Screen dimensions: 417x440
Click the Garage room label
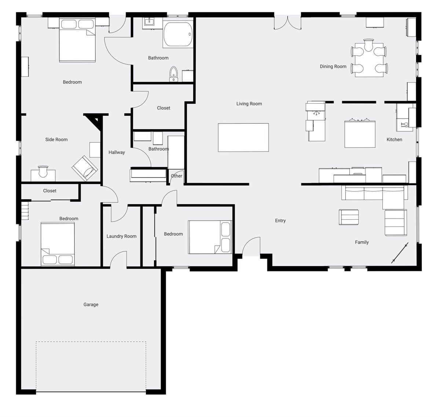pos(91,305)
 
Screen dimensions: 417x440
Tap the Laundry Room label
pos(121,237)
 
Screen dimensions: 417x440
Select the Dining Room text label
pos(333,67)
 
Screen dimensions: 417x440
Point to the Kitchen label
pos(394,139)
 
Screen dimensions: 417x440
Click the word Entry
pos(280,221)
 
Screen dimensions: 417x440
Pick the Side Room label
pos(56,139)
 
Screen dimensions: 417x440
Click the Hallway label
pos(117,152)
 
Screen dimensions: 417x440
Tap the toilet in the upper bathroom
pos(173,74)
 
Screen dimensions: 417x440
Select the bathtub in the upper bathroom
pos(178,35)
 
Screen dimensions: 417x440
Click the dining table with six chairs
pos(368,58)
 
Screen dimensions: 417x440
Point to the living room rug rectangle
pos(243,137)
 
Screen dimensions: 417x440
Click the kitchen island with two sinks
pos(360,134)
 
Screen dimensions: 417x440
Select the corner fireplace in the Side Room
pos(95,120)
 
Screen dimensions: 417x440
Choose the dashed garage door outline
pos(91,366)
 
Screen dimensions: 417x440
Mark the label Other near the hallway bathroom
pos(176,176)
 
